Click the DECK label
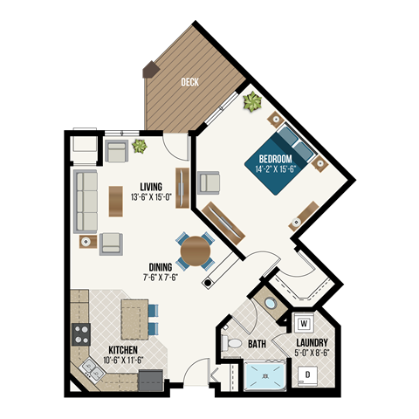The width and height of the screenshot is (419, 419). pos(190,83)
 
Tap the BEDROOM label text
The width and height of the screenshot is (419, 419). pos(276,159)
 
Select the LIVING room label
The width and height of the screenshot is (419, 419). pos(153,185)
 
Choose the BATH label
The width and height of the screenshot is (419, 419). pos(257,344)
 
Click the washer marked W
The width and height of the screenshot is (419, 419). pos(304,325)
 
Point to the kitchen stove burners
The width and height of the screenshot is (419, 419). pos(82,333)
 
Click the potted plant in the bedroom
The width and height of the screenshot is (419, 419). pos(252,102)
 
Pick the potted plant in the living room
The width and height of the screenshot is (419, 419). pos(140,146)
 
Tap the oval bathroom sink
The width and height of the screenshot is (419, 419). pos(269,306)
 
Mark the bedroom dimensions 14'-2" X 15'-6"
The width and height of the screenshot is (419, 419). pos(276,168)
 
